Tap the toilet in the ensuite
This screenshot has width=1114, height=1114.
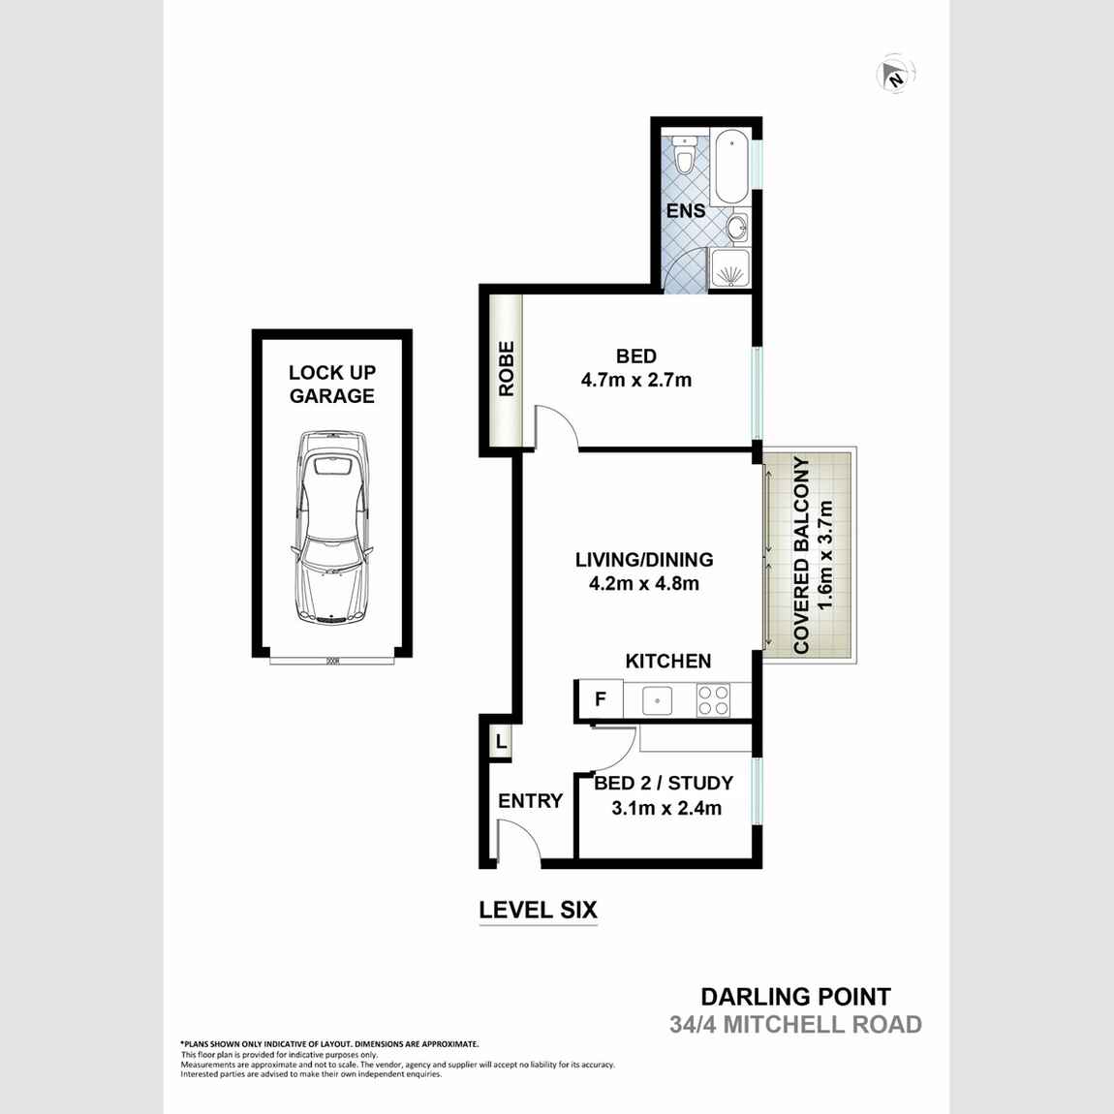tap(685, 155)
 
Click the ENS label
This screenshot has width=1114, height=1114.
tap(685, 210)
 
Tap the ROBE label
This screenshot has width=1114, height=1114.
tap(506, 368)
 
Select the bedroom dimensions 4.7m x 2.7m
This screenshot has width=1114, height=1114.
tap(636, 380)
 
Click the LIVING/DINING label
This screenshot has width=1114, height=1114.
tap(644, 559)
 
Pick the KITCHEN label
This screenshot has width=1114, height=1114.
tap(668, 661)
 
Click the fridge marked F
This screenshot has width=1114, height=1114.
tap(601, 698)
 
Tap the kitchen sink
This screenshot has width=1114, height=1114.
tap(658, 699)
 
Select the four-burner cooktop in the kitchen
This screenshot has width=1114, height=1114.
tap(713, 699)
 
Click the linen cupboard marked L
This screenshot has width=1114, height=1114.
tap(500, 743)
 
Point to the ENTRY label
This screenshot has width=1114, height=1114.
tap(530, 800)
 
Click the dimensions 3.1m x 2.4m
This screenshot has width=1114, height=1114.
tap(666, 808)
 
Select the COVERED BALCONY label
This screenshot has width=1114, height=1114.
tap(801, 555)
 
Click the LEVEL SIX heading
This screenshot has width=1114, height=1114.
tap(539, 910)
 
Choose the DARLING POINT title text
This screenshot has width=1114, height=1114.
tap(795, 996)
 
